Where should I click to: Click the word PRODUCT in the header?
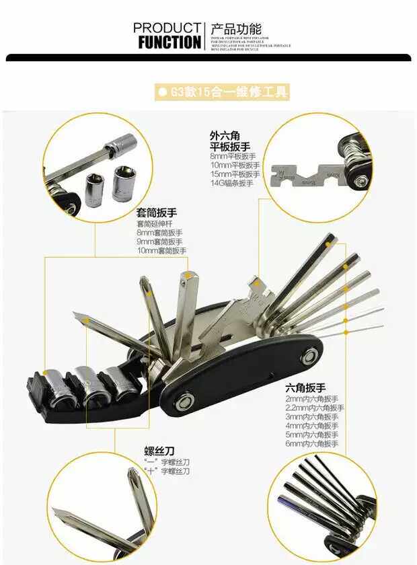click(x=167, y=28)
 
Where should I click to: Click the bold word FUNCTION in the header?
click(x=169, y=42)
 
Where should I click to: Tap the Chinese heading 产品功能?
click(x=235, y=29)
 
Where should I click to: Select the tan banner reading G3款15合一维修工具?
click(x=222, y=91)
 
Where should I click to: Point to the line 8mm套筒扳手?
click(x=159, y=232)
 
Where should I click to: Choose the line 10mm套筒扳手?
click(x=161, y=250)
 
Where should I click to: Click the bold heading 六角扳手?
click(x=305, y=388)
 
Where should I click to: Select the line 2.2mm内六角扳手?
click(x=315, y=408)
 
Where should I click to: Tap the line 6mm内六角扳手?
click(x=311, y=444)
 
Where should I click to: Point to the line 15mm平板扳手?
click(x=235, y=174)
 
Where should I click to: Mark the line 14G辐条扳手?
click(x=232, y=183)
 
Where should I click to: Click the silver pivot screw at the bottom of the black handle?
click(x=182, y=404)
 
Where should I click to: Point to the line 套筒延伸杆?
click(x=155, y=223)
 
